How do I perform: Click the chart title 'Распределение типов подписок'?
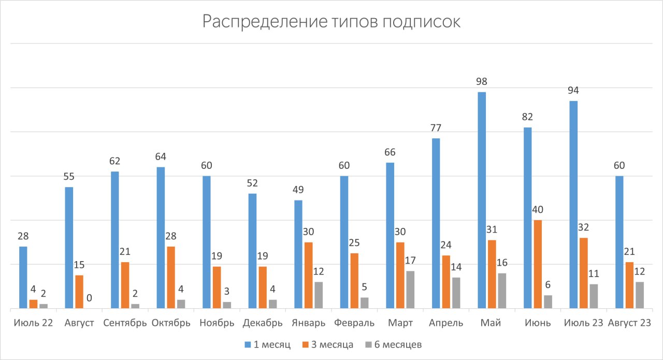[331, 22]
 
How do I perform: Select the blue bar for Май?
[482, 200]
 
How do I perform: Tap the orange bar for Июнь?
[538, 264]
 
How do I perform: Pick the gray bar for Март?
[410, 290]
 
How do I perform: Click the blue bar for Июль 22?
[23, 277]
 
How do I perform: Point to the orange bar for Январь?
[308, 275]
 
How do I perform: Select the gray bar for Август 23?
[640, 295]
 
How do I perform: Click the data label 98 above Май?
[482, 82]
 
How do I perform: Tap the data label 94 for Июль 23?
[573, 91]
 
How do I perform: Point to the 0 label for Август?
[90, 298]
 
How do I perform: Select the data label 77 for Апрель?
[436, 128]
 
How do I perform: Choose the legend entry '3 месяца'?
[329, 344]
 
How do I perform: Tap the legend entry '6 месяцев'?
[394, 344]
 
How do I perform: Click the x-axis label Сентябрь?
[125, 323]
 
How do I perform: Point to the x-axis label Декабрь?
[263, 323]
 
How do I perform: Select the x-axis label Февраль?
[354, 323]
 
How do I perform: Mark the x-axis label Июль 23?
[583, 323]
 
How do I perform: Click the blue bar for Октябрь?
[161, 238]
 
